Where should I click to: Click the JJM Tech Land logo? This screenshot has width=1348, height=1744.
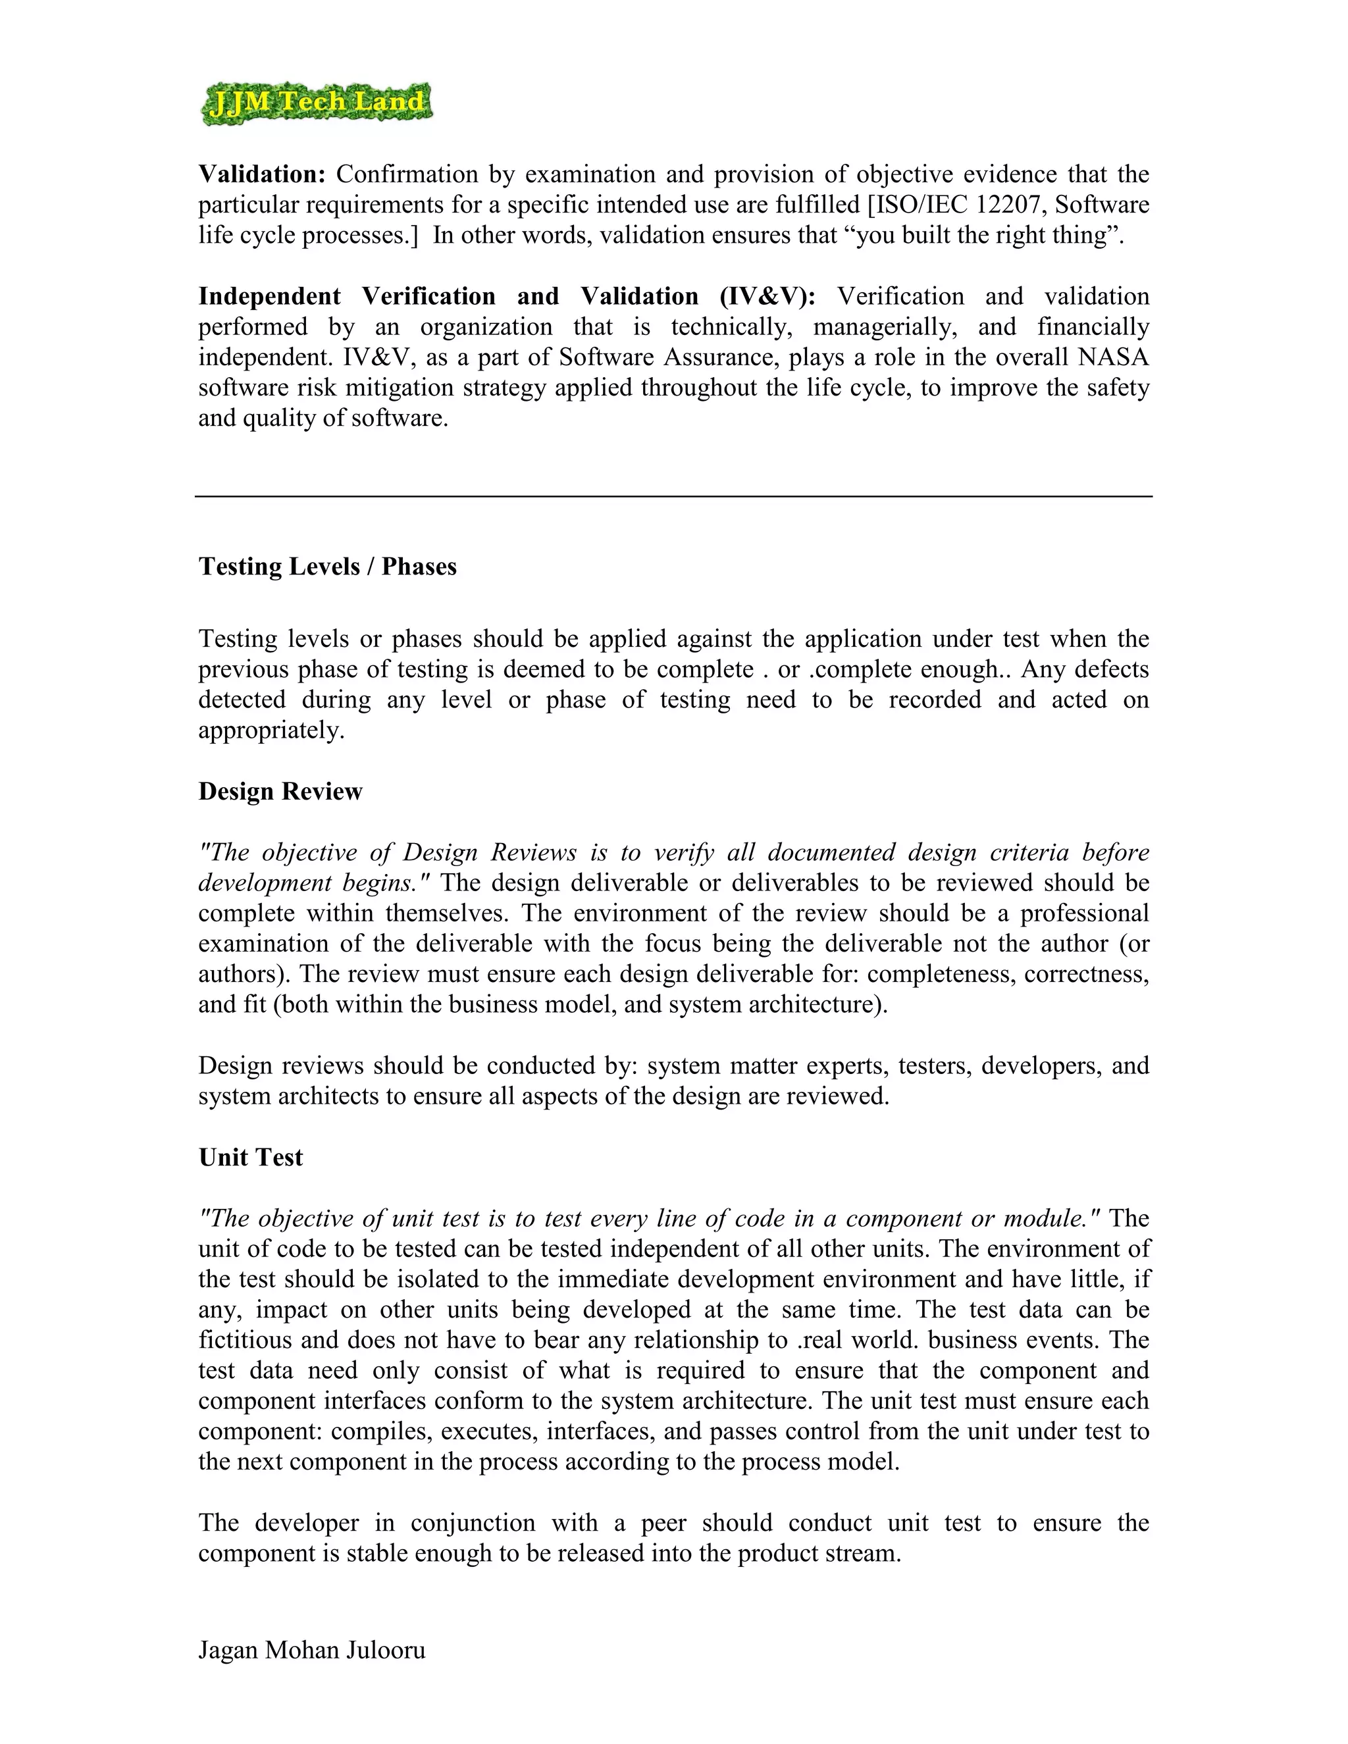tap(316, 104)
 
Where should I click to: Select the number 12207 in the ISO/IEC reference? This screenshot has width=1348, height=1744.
tap(1008, 205)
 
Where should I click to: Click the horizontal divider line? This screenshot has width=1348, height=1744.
tap(673, 497)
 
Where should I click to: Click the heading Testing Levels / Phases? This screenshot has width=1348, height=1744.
tap(327, 567)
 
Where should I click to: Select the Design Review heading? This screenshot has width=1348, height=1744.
tap(280, 791)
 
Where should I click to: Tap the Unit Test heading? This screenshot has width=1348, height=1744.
tap(251, 1158)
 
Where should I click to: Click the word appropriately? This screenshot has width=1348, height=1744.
tap(272, 731)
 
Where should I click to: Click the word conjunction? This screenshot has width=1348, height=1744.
tap(473, 1523)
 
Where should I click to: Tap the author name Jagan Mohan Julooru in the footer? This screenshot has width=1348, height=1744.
tap(311, 1651)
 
